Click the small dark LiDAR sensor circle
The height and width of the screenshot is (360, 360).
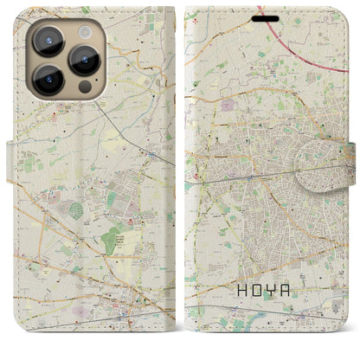[84, 87]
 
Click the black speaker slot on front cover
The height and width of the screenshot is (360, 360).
[267, 18]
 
